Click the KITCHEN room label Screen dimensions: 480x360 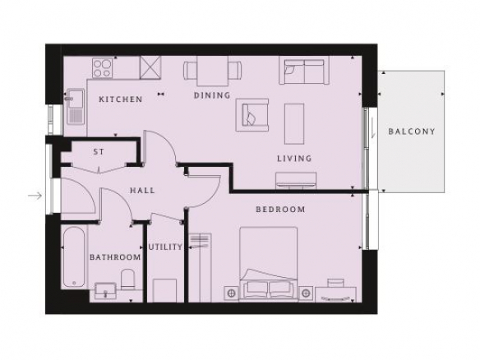tap(121, 99)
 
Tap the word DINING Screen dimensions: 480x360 tap(212, 95)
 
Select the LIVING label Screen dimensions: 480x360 tap(294, 159)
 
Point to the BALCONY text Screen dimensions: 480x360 tap(412, 132)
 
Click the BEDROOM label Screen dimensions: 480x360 tap(280, 210)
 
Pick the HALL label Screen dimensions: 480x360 tap(142, 191)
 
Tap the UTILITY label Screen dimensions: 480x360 tap(165, 247)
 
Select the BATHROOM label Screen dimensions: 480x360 tap(115, 256)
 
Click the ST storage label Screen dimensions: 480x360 tap(99, 151)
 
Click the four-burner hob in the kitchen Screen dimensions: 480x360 tap(103, 67)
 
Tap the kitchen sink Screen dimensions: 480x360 tap(76, 106)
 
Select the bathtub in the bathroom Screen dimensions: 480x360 tap(74, 256)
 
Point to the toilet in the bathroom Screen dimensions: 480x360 tap(127, 279)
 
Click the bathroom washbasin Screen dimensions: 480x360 tap(105, 291)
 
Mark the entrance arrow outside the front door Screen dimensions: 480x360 tap(35, 195)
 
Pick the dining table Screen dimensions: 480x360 tap(212, 71)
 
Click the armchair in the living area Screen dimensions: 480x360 tap(252, 115)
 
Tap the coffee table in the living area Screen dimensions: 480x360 tap(294, 123)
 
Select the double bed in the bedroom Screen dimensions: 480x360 tap(269, 264)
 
